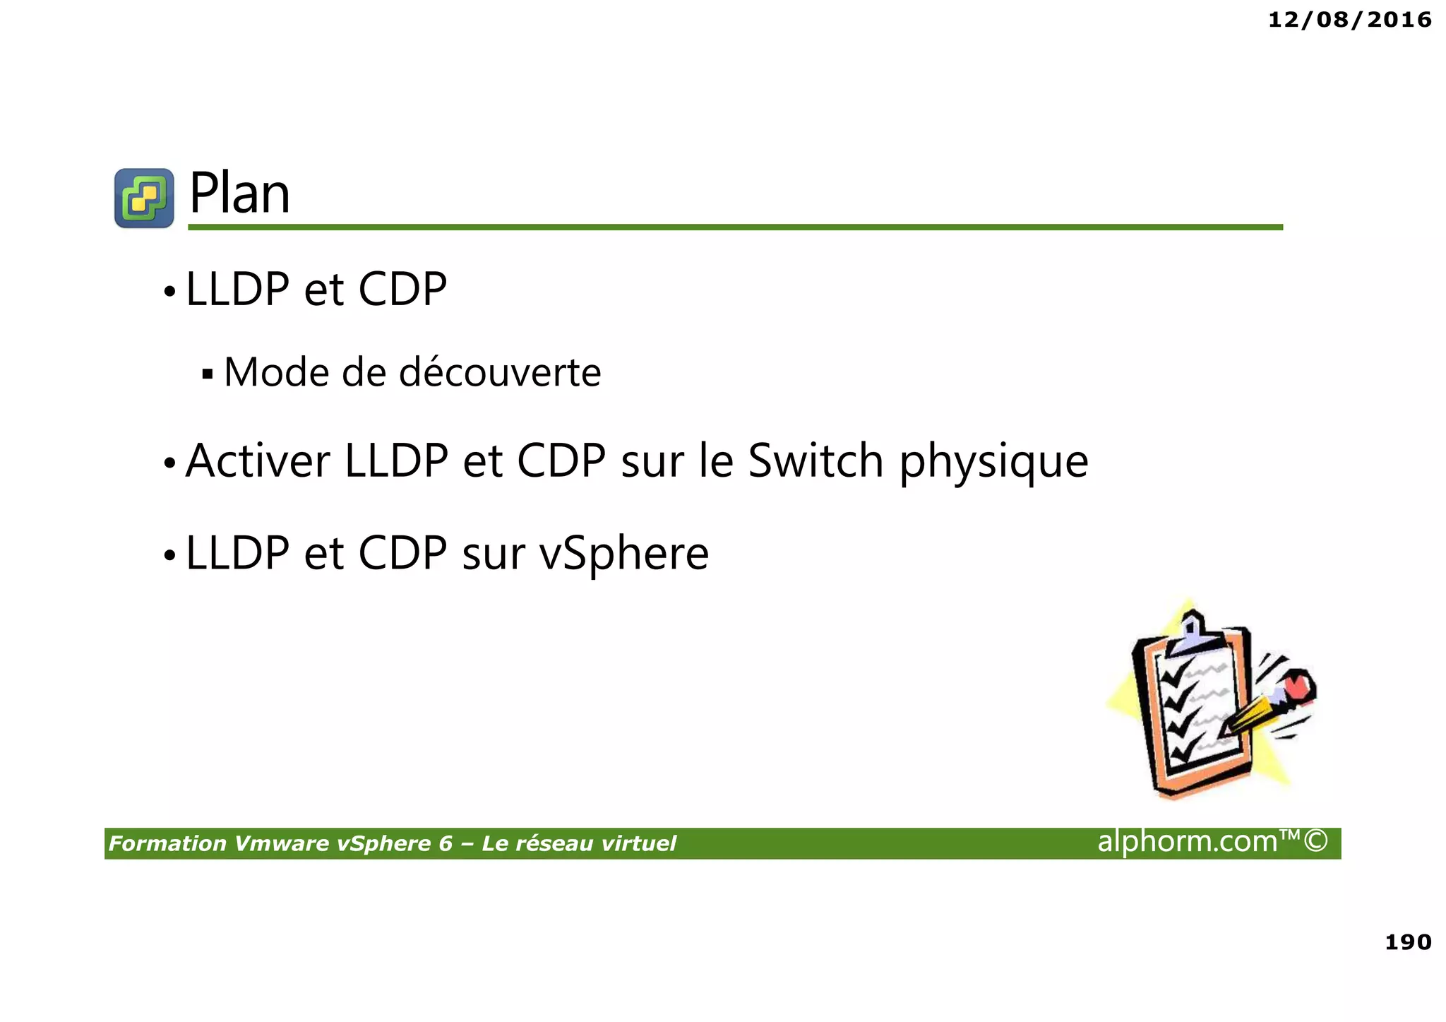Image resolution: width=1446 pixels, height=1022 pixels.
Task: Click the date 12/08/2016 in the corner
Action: click(1349, 20)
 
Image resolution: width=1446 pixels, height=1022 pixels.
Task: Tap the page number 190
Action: click(1408, 941)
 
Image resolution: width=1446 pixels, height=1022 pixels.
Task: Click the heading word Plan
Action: click(239, 194)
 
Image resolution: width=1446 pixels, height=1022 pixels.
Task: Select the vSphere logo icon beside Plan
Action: click(144, 198)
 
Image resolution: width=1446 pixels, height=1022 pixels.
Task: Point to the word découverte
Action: click(500, 372)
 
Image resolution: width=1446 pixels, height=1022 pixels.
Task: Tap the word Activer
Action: click(258, 461)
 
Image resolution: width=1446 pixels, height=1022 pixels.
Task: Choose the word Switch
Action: click(815, 461)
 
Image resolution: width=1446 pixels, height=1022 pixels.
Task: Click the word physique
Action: click(993, 463)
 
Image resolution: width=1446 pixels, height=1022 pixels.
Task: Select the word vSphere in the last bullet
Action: click(624, 554)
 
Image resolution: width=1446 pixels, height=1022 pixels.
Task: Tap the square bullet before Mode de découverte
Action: click(207, 374)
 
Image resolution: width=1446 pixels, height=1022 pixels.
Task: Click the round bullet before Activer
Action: click(169, 463)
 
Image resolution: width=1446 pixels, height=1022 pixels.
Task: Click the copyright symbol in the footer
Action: click(1315, 840)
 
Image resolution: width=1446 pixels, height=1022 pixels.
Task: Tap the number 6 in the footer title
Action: click(445, 843)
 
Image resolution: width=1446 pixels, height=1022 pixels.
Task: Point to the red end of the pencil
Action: click(1298, 686)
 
